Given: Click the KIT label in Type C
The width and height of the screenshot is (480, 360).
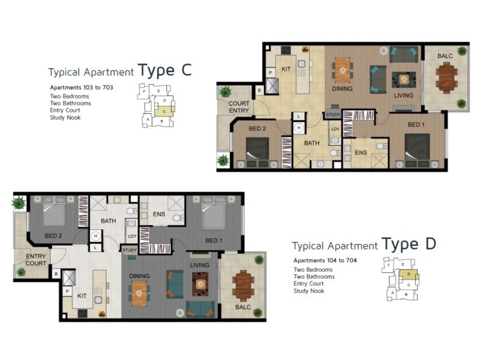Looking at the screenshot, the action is tap(286, 69).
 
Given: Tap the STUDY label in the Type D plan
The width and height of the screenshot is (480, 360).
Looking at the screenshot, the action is tap(130, 250).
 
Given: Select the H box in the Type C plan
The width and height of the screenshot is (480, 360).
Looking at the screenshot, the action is tap(299, 128).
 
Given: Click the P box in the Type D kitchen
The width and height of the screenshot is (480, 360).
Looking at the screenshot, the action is tap(67, 292).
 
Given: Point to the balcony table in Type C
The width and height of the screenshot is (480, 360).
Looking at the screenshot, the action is tap(446, 77).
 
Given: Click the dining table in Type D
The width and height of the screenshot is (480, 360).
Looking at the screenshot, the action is tap(139, 293).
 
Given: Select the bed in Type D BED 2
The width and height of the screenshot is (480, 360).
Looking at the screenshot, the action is tap(54, 211).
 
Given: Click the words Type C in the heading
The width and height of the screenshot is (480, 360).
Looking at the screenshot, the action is tap(164, 70).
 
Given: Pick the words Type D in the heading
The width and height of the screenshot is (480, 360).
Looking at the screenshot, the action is tap(409, 244).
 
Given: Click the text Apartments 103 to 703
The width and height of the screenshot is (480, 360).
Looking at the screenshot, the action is tap(82, 88).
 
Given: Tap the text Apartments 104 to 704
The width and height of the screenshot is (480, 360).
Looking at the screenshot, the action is tap(325, 260).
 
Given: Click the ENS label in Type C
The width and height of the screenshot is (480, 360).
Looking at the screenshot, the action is tap(361, 152).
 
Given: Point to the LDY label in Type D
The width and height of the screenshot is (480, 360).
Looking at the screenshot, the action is tap(132, 236).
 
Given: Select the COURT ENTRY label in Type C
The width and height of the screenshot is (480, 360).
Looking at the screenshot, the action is tap(239, 107).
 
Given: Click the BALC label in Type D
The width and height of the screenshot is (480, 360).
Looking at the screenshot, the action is tap(243, 307).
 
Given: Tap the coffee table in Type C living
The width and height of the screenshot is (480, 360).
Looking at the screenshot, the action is tap(404, 80).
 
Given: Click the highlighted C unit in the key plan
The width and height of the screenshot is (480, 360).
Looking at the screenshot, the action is tap(164, 111).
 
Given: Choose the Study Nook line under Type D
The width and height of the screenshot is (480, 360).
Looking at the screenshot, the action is tap(308, 291).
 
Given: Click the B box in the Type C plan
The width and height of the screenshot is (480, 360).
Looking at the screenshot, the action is tap(259, 91).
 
